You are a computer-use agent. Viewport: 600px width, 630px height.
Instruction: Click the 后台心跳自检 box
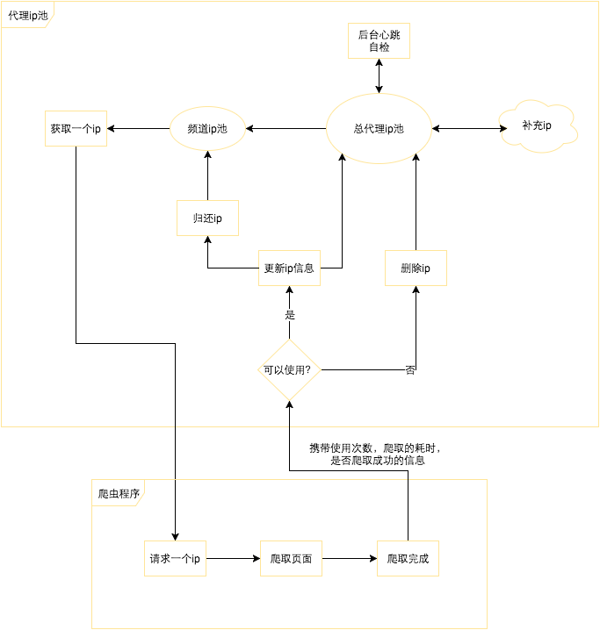point(379,40)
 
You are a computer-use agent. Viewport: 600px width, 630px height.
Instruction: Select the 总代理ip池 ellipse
point(379,129)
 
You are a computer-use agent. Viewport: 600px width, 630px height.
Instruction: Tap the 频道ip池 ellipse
point(207,129)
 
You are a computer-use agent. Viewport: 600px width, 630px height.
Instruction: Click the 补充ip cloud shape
point(537,126)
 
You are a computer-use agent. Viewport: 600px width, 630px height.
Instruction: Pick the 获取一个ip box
point(76,129)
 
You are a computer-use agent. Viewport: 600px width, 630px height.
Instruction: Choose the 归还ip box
point(207,218)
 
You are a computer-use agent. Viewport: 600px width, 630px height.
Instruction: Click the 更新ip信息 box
point(289,268)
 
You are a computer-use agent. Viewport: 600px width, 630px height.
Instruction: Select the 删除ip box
point(416,268)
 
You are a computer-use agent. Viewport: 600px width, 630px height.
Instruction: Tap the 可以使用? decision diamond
point(289,369)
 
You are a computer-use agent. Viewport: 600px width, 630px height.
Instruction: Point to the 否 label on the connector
point(410,370)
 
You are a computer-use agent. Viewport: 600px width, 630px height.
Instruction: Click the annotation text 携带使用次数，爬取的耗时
point(381,447)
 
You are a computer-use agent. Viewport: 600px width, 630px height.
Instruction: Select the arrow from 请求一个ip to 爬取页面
point(233,558)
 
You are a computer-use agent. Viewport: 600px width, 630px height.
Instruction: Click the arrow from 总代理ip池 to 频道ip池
point(286,129)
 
